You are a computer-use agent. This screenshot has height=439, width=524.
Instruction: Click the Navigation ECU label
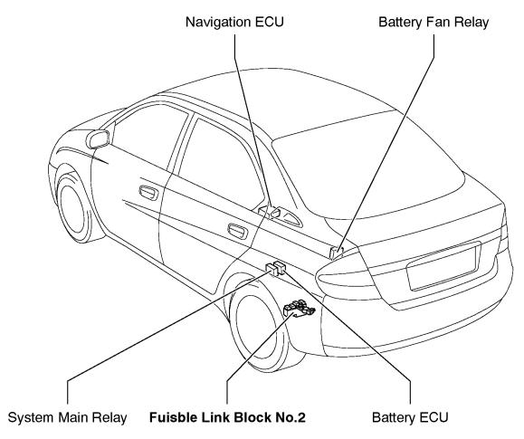pyautogui.click(x=234, y=22)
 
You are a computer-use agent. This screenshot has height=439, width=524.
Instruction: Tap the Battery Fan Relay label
pyautogui.click(x=433, y=22)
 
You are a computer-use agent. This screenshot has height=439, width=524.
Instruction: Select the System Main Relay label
pyautogui.click(x=67, y=417)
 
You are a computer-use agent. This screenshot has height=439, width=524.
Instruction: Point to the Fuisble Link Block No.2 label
pyautogui.click(x=227, y=417)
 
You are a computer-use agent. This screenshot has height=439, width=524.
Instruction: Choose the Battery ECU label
pyautogui.click(x=410, y=417)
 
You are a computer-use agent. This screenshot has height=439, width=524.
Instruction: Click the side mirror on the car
pyautogui.click(x=98, y=138)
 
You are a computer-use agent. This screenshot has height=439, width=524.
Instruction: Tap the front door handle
pyautogui.click(x=148, y=193)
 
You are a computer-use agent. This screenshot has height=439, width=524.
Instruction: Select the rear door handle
pyautogui.click(x=238, y=231)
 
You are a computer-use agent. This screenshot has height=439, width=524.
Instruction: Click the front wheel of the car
pyautogui.click(x=75, y=207)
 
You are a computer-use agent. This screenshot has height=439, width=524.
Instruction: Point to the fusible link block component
pyautogui.click(x=299, y=309)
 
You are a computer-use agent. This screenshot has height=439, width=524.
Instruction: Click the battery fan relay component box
pyautogui.click(x=337, y=253)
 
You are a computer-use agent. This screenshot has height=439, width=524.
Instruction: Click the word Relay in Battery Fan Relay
pyautogui.click(x=472, y=22)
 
